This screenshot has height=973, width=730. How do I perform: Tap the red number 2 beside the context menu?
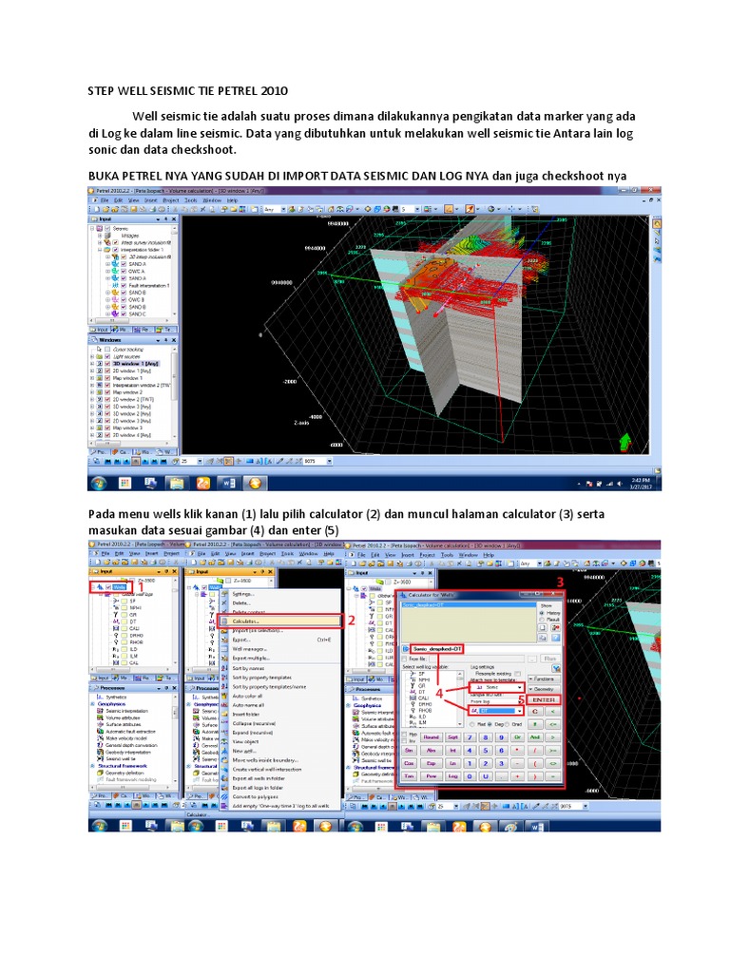tap(352, 620)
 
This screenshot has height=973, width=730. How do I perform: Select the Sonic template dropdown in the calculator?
tap(495, 685)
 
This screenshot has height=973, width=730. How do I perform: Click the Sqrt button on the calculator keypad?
tap(454, 735)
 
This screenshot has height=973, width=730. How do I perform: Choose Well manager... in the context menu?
tap(249, 648)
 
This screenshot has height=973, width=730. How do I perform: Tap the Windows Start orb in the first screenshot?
tap(99, 483)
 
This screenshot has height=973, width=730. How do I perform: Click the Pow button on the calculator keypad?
tap(431, 776)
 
